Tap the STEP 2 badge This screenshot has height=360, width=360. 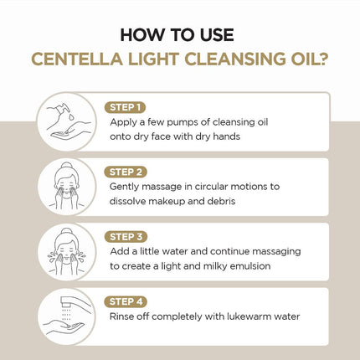point(126,172)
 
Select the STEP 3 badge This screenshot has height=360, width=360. point(126,236)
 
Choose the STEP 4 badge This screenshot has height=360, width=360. point(126,301)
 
